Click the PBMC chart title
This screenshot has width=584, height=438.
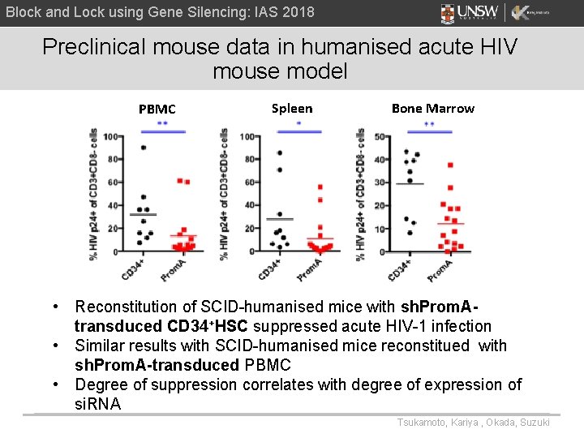click(x=157, y=109)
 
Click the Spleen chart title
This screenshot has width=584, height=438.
click(x=291, y=108)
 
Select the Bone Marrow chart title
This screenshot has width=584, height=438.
click(x=432, y=108)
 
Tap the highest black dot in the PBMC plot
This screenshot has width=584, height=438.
click(x=143, y=148)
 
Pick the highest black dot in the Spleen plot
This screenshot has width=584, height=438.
click(x=280, y=152)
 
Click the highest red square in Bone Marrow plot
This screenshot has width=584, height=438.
click(x=449, y=165)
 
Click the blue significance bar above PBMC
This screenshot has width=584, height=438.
click(x=163, y=131)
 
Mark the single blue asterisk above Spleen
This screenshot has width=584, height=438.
click(x=298, y=124)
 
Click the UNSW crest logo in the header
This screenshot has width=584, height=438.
click(x=448, y=13)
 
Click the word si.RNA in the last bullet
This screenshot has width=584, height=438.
click(x=97, y=404)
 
